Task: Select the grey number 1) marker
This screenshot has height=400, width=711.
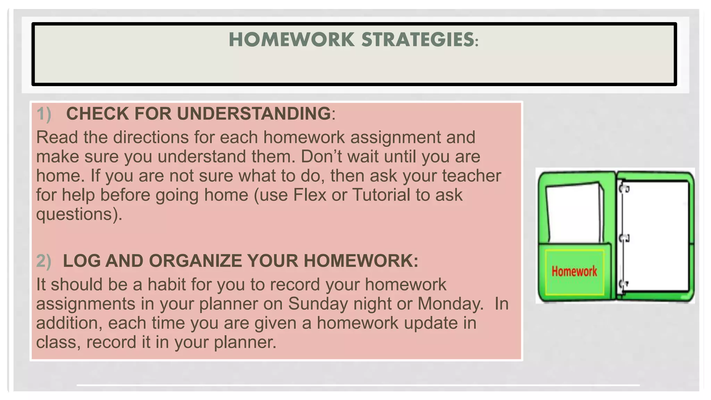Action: pyautogui.click(x=44, y=114)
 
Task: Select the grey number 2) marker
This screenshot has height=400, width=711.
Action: pyautogui.click(x=44, y=261)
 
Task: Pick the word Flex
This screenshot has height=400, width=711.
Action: pyautogui.click(x=310, y=195)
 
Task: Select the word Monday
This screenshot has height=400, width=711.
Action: pyautogui.click(x=450, y=304)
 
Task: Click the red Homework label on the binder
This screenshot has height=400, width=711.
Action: pyautogui.click(x=574, y=271)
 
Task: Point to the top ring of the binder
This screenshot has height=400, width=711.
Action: pyautogui.click(x=624, y=189)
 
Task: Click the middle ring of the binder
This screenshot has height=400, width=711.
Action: pyautogui.click(x=624, y=238)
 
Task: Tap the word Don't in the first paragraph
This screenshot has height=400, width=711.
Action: pyautogui.click(x=321, y=156)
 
